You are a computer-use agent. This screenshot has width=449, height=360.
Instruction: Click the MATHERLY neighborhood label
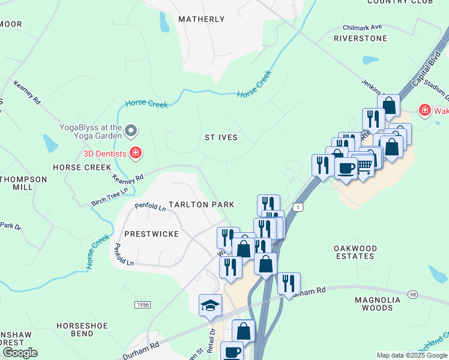202,19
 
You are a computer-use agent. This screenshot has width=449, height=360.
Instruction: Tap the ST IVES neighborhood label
221,137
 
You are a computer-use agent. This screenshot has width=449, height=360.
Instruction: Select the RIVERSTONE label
360,38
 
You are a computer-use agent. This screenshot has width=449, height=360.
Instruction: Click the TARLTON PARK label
201,205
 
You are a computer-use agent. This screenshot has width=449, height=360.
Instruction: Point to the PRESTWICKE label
151,233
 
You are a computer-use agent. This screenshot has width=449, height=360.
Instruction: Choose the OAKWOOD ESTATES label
355,252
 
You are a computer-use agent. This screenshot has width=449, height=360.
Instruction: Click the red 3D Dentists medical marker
136,153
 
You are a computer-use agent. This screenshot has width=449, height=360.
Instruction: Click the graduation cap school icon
211,305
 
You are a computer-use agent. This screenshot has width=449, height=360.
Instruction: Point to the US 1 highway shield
298,206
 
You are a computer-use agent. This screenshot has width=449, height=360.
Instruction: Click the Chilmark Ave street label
363,27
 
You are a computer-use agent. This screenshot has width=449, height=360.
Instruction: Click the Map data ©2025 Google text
412,355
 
